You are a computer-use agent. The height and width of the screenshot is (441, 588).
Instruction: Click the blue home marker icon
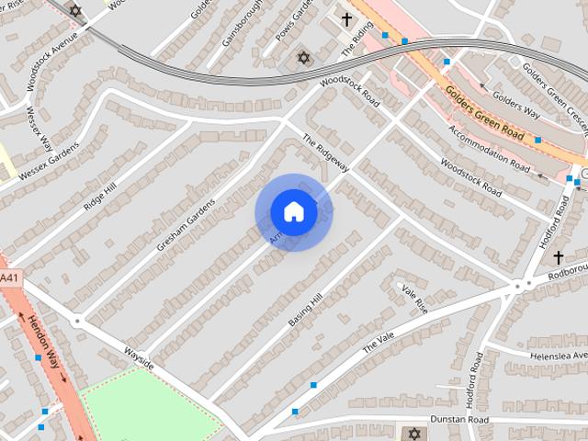[x=293, y=212]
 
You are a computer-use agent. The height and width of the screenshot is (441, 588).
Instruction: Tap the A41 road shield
[x=8, y=278]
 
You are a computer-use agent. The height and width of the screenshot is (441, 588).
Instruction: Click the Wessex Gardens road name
[x=47, y=163]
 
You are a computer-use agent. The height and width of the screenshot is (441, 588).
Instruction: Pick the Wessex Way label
[x=39, y=128]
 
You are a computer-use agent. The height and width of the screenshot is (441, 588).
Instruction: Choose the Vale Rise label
[x=415, y=298]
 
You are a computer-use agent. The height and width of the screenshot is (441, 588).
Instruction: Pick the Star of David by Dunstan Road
[x=414, y=433]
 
